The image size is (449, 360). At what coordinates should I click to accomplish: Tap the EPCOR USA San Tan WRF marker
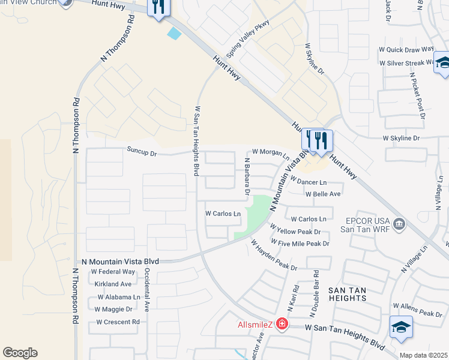pos(399,224)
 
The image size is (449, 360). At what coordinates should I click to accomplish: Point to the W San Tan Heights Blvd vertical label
pos(196,141)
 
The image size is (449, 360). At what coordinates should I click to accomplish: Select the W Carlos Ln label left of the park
pos(223,214)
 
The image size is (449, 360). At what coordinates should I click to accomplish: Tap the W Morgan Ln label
pos(271,152)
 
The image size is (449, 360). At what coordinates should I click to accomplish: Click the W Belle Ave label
pos(323,194)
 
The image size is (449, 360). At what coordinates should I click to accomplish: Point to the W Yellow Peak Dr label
pos(295,230)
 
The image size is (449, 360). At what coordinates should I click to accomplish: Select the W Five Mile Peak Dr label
pos(300,244)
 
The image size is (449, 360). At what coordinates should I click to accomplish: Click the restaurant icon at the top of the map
pos(159,8)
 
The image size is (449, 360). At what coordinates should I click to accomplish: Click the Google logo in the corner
pos(20,353)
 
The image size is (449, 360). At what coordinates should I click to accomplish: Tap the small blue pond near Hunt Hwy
pos(175,34)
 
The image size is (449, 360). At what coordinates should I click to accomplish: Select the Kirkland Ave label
pos(112,284)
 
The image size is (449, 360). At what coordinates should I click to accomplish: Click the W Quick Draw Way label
pos(406,50)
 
